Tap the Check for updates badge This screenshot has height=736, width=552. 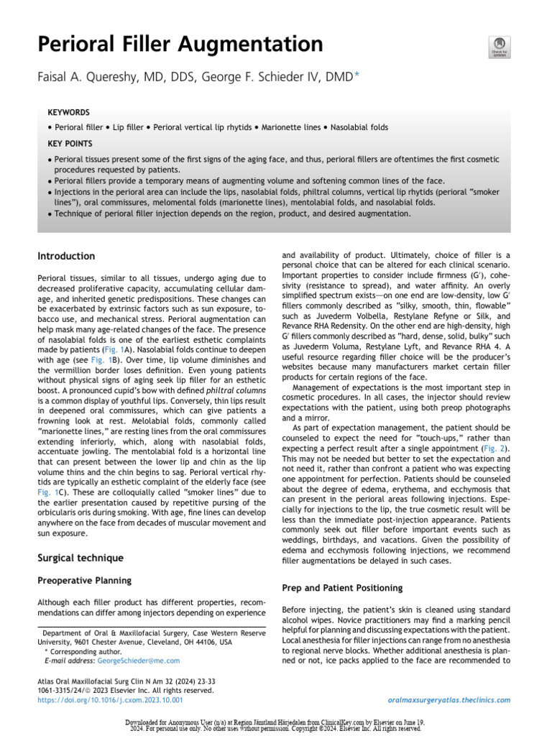tap(498, 46)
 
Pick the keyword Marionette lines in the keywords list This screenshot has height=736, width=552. tap(290, 128)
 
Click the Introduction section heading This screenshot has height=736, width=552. tap(66, 256)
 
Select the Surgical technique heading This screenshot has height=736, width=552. tap(80, 557)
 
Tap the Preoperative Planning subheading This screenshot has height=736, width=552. tap(84, 579)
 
